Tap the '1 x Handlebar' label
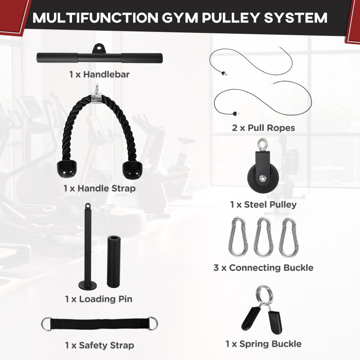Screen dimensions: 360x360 coord(99,74)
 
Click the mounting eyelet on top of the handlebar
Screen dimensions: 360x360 coord(99,47)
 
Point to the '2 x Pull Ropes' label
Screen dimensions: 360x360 coord(263,128)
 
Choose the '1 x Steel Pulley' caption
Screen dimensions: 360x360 coord(263,205)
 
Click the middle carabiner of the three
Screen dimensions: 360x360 coord(263,237)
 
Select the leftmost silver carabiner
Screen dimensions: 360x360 coord(238,237)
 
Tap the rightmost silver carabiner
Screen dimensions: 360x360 coord(288,237)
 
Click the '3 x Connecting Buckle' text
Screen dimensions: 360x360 coord(263,268)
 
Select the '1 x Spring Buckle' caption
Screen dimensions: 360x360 coord(263,344)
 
